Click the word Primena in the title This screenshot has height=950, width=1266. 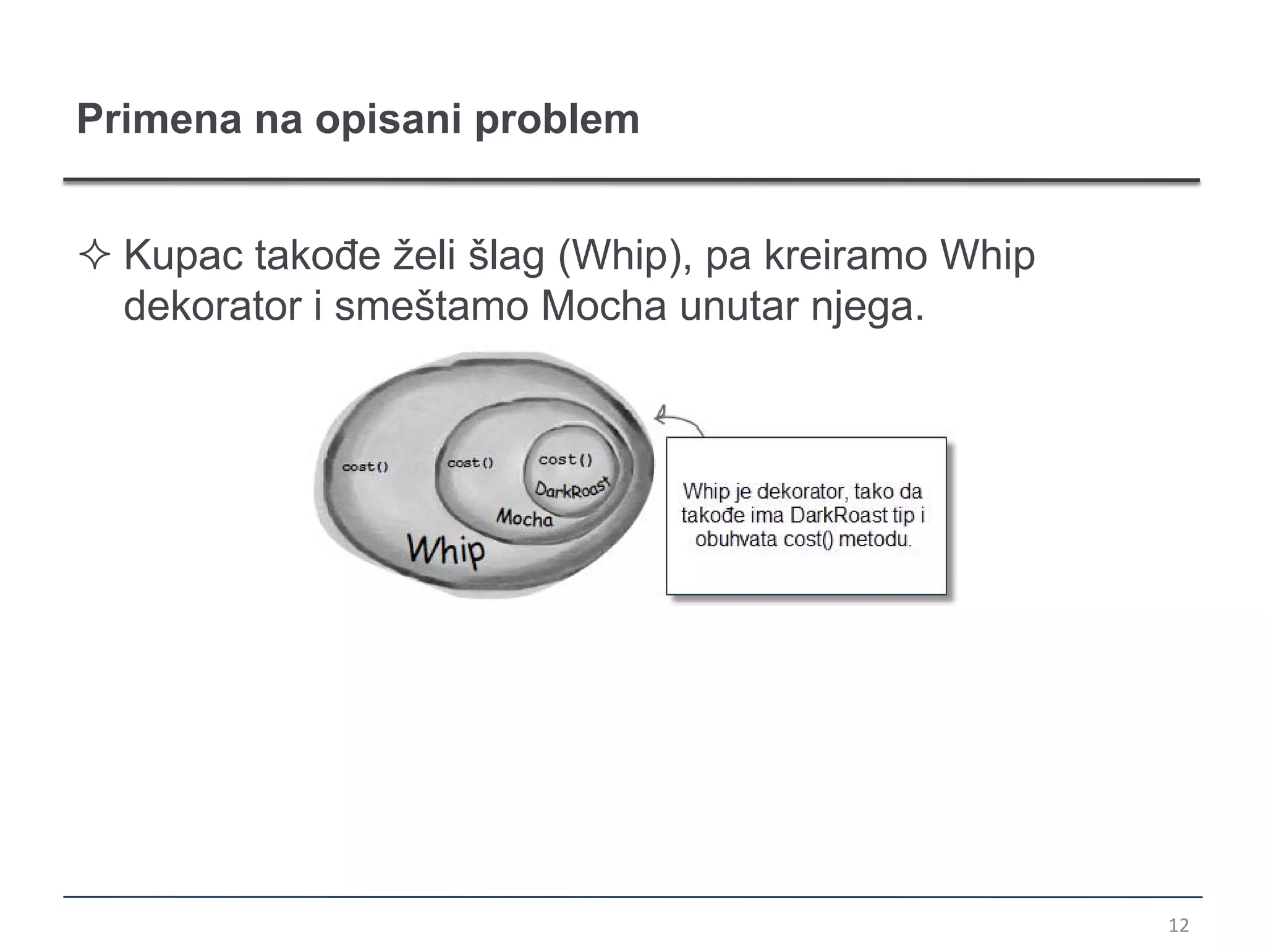[159, 119]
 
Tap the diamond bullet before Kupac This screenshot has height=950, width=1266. [95, 255]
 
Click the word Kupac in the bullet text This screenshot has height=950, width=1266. [183, 255]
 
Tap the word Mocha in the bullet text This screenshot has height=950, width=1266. [603, 306]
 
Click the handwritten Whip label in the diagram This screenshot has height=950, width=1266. [446, 549]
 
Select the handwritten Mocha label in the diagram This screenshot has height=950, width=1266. [524, 517]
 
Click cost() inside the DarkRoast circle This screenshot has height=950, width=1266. [566, 460]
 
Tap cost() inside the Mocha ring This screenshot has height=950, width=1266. [470, 463]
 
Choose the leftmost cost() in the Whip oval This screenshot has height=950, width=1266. [365, 467]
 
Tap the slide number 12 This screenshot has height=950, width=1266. [1179, 925]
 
